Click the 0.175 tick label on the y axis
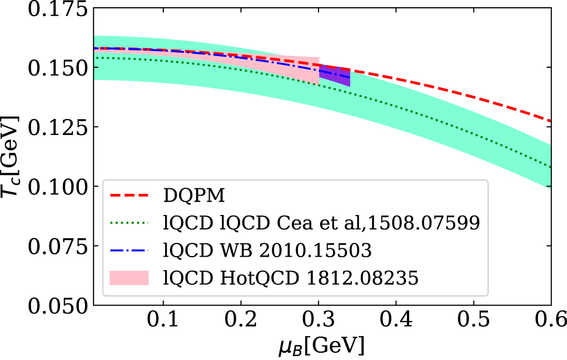[55, 9]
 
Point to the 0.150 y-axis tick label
[55, 67]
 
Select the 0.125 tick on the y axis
[55, 127]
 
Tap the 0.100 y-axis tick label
[55, 187]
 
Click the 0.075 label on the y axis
[55, 246]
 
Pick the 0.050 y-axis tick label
[55, 306]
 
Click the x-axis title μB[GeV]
[322, 347]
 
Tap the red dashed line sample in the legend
[130, 196]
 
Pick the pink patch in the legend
[130, 277]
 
